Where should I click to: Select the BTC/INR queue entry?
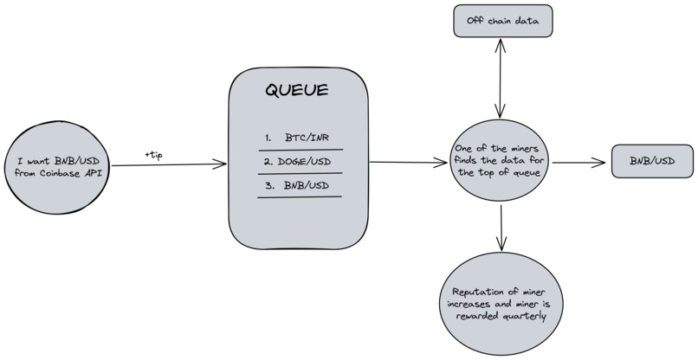(309, 137)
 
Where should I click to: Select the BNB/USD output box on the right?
(651, 161)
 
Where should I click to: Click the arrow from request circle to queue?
(165, 164)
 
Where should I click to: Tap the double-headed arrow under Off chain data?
(501, 78)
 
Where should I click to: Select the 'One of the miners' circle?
(501, 161)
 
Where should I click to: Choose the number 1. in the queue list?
(268, 137)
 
